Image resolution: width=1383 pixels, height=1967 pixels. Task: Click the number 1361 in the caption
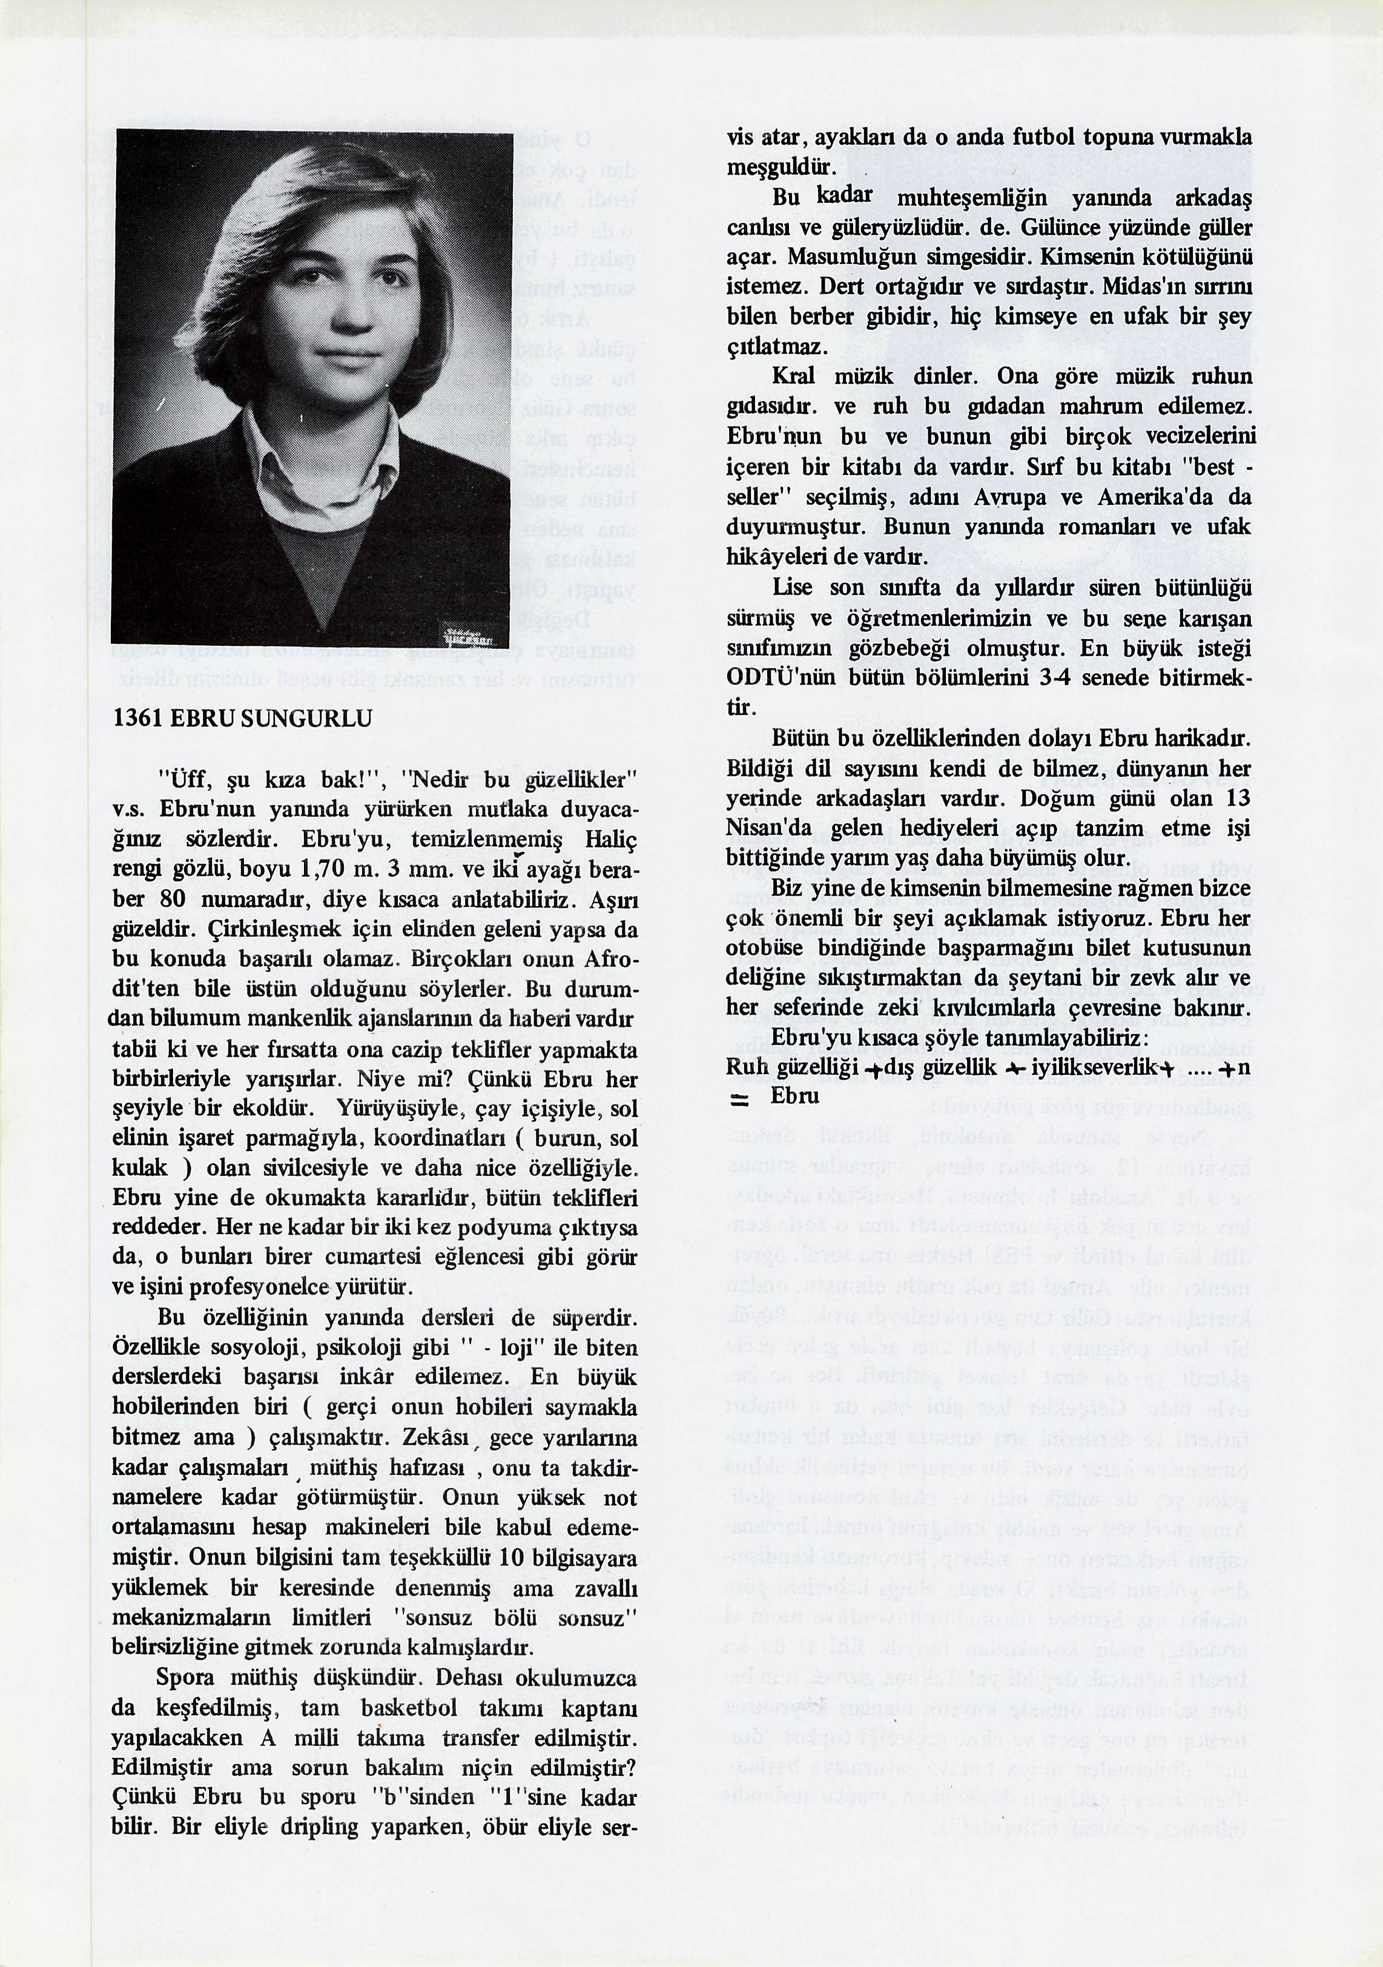click(x=138, y=719)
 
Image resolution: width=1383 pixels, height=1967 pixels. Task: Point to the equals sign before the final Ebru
click(x=739, y=1100)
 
